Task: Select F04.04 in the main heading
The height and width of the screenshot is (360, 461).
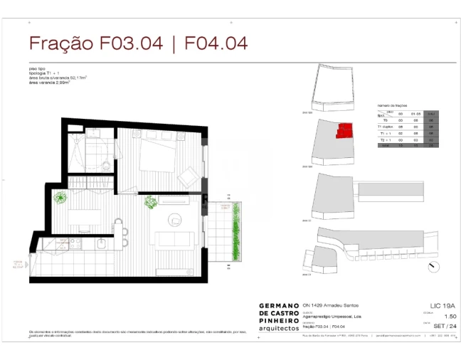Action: (x=216, y=43)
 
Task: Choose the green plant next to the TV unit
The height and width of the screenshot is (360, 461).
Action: (x=151, y=202)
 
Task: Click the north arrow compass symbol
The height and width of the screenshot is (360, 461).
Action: (x=433, y=267)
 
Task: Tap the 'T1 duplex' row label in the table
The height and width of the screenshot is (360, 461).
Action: (x=386, y=127)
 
